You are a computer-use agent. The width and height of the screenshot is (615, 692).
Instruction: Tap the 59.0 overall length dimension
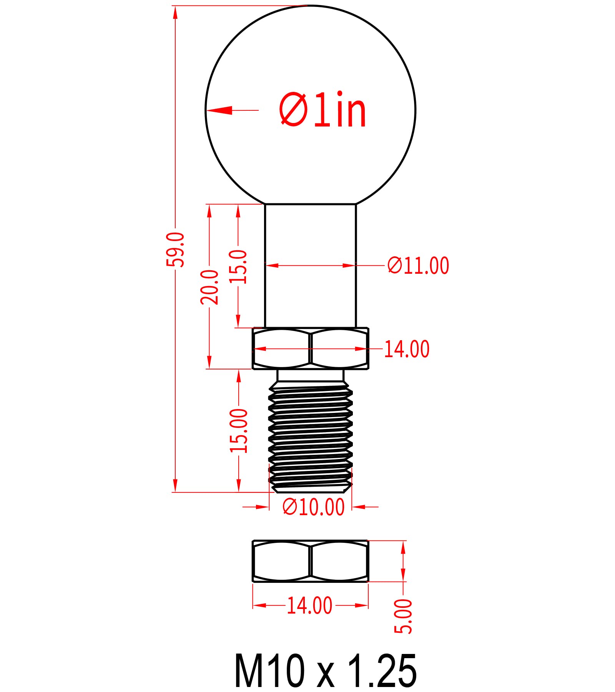click(175, 250)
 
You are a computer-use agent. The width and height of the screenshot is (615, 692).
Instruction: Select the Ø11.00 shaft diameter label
click(418, 266)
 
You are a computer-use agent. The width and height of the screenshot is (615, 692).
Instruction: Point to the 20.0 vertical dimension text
click(209, 287)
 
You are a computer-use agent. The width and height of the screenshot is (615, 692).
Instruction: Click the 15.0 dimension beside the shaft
click(238, 266)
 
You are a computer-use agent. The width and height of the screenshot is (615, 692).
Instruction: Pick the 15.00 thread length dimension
click(239, 431)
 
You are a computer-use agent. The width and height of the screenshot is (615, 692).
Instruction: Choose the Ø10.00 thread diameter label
click(313, 507)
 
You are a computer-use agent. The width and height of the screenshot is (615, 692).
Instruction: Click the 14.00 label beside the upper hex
click(407, 349)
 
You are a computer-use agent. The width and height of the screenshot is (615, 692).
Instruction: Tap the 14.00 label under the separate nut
click(309, 605)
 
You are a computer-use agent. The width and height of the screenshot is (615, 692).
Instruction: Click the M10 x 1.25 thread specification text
click(325, 671)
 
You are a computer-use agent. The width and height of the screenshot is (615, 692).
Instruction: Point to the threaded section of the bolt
click(311, 434)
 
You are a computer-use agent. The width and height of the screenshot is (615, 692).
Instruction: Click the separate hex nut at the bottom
click(311, 561)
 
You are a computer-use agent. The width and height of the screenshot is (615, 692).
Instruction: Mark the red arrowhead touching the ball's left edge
click(219, 110)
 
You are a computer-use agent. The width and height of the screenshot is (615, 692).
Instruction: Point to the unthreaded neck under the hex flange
click(311, 375)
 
